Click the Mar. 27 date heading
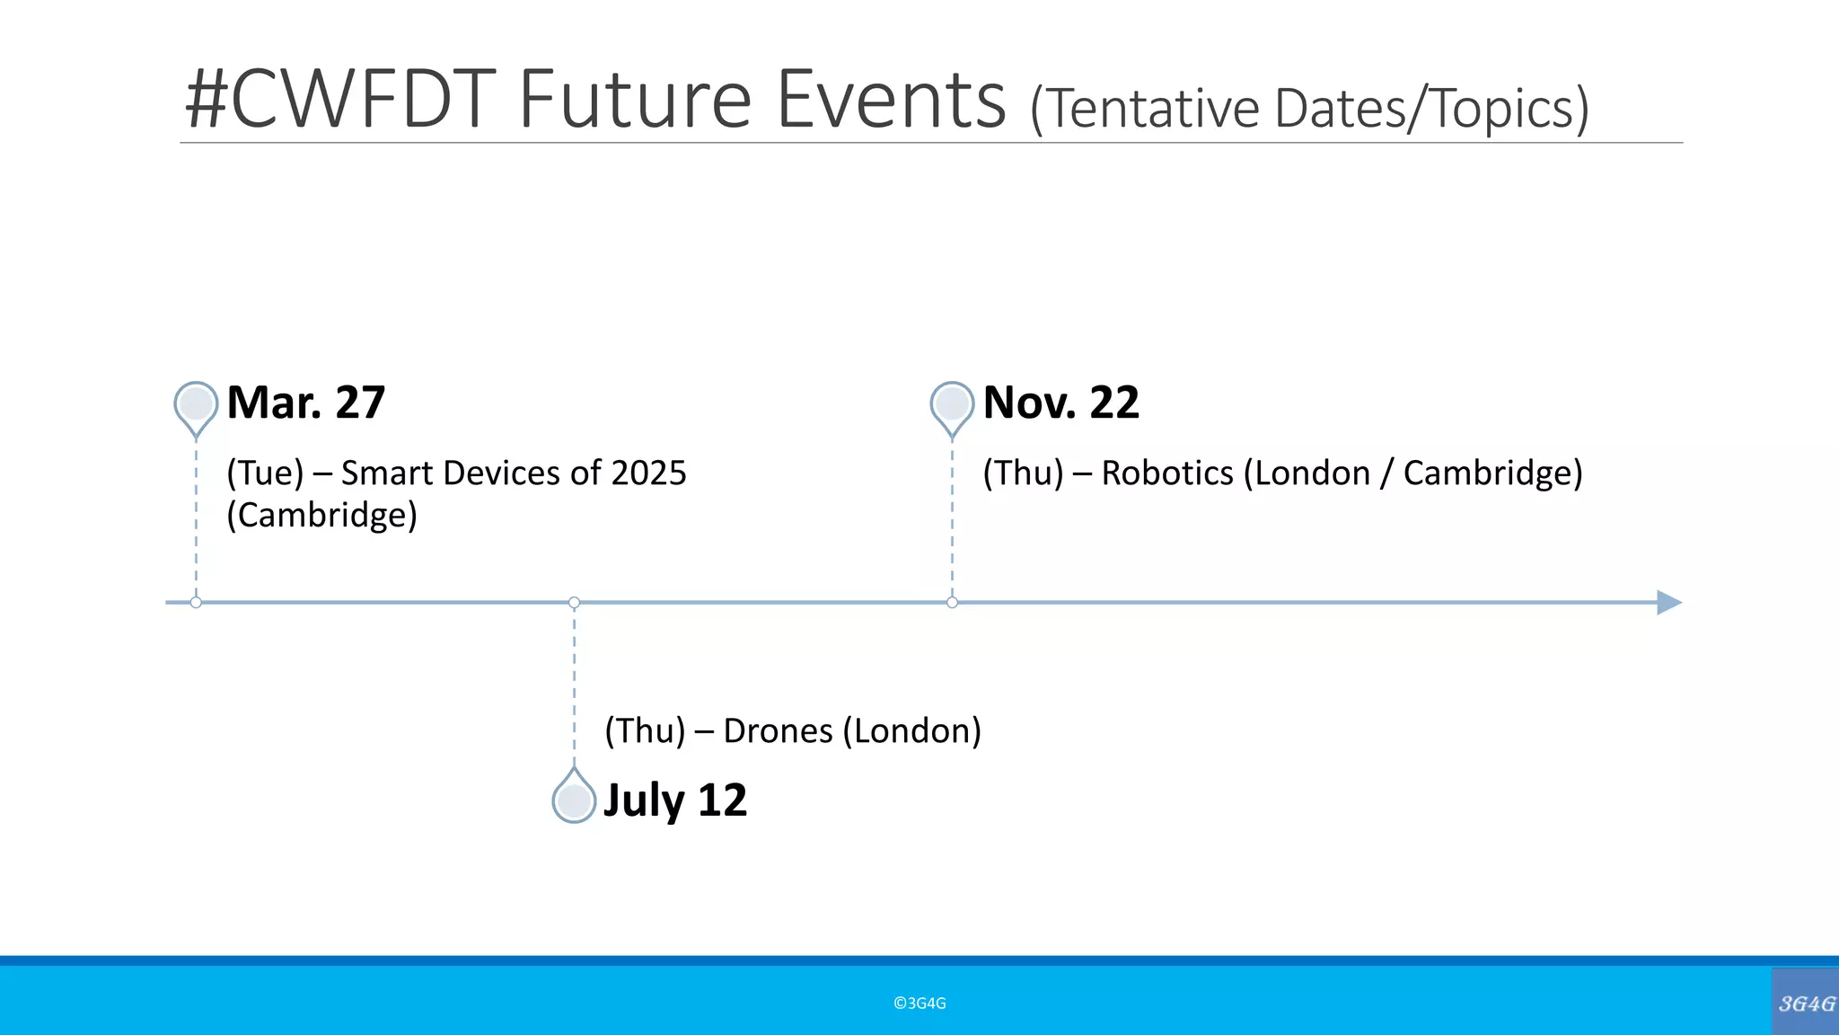306,402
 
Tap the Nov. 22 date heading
1060,402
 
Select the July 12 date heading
674,800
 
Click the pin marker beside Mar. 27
196,405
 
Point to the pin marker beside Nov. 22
952,405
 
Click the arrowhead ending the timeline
1667,602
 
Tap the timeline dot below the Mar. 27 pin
196,602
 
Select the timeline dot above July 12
575,602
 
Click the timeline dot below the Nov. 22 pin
952,602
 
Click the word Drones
778,731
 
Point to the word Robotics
1167,473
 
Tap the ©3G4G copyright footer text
919,1004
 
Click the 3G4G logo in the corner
1806,1003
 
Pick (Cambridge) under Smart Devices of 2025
321,516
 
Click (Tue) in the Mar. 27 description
265,473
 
